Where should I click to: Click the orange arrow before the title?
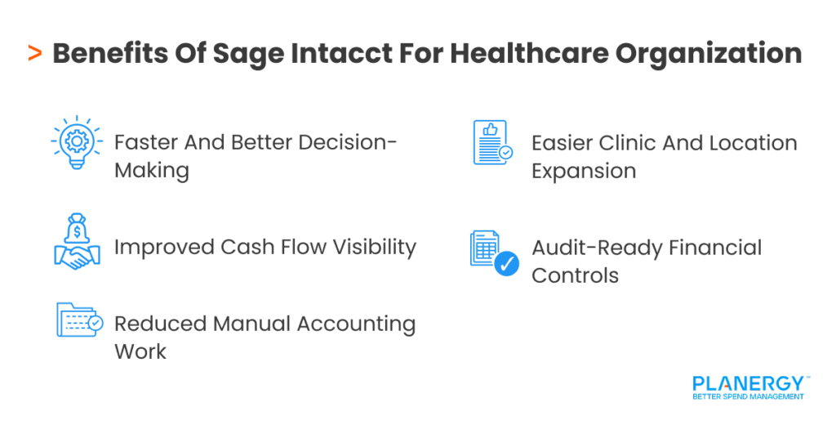34,54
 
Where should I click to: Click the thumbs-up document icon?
492,143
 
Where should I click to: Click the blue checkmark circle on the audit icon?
506,264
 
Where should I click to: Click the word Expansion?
584,171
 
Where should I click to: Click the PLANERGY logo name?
748,383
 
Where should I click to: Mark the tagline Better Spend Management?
748,397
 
